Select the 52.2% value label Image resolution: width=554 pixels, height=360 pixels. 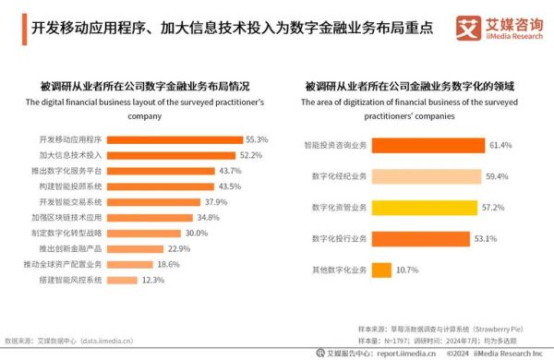(x=253, y=154)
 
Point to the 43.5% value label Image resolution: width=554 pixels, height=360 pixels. (x=229, y=186)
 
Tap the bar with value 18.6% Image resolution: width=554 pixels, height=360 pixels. (x=136, y=264)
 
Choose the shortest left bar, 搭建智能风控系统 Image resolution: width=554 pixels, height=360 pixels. (x=128, y=280)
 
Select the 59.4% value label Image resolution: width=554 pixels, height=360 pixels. (x=499, y=176)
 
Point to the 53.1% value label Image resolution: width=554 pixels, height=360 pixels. (x=486, y=238)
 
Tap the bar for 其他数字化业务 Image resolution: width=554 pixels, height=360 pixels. (x=381, y=270)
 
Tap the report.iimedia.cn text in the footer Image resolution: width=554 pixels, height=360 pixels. (x=375, y=353)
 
